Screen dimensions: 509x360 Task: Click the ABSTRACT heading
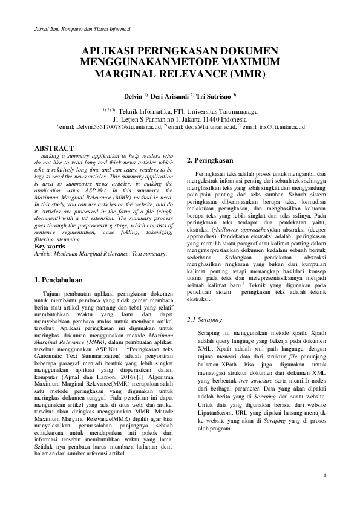coord(54,148)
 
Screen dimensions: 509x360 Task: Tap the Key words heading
coord(51,247)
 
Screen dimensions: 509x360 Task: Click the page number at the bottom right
coord(325,475)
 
